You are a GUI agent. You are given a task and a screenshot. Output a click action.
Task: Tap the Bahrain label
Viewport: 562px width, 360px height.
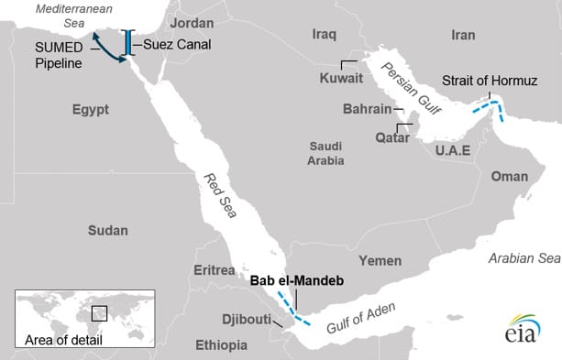point(367,110)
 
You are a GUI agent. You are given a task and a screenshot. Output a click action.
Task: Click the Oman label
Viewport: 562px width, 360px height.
point(510,177)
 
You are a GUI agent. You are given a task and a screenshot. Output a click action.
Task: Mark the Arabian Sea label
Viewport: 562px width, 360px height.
point(523,259)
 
